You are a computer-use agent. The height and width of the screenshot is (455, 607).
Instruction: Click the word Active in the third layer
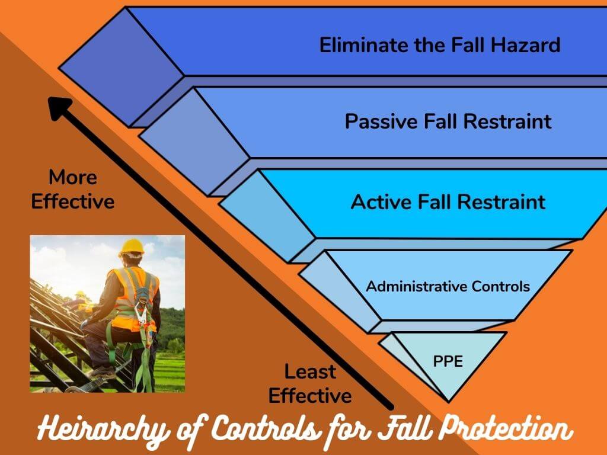(377, 201)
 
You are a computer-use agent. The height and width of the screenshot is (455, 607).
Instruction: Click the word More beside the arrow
(72, 177)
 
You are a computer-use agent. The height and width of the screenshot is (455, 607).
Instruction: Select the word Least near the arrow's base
(310, 372)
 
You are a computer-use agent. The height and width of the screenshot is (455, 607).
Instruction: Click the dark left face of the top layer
(122, 65)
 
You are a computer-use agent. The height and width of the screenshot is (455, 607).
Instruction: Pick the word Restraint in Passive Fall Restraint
(507, 121)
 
